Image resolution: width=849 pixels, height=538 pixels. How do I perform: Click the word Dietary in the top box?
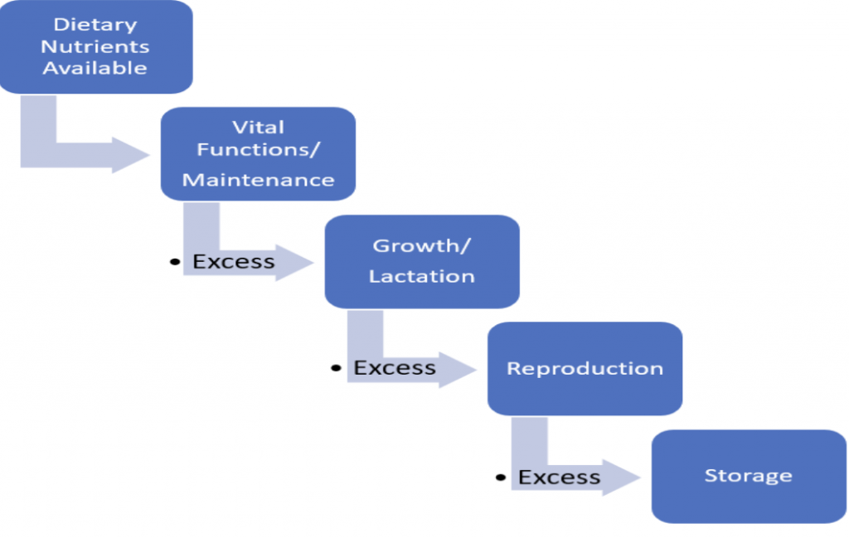click(95, 25)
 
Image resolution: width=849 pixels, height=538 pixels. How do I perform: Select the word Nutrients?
click(95, 46)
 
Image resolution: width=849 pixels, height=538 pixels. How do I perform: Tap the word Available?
click(95, 68)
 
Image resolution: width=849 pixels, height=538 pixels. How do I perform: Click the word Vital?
click(259, 127)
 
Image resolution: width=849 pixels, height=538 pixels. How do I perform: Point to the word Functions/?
click(259, 149)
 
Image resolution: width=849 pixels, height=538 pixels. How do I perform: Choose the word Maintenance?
click(259, 180)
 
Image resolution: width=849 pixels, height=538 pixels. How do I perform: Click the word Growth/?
click(422, 245)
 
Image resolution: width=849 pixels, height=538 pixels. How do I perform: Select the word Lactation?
click(422, 277)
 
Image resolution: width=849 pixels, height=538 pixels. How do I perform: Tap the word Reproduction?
click(585, 369)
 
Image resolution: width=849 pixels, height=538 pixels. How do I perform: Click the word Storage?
click(749, 476)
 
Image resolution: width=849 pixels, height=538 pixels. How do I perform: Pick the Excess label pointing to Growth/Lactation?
click(234, 262)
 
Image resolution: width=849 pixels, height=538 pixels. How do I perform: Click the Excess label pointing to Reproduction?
click(395, 368)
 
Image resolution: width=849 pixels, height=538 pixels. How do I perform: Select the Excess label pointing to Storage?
click(560, 477)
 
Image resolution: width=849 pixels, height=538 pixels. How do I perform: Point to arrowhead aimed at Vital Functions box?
click(130, 155)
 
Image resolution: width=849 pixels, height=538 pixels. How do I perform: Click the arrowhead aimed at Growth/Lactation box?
click(294, 263)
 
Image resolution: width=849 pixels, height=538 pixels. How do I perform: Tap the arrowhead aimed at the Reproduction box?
click(458, 370)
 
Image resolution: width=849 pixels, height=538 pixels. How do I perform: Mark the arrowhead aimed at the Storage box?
click(622, 477)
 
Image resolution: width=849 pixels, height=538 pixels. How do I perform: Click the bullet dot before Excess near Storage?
click(500, 477)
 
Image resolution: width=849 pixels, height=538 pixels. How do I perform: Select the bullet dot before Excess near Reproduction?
click(336, 368)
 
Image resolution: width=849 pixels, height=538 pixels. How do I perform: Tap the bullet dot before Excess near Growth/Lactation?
click(175, 262)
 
